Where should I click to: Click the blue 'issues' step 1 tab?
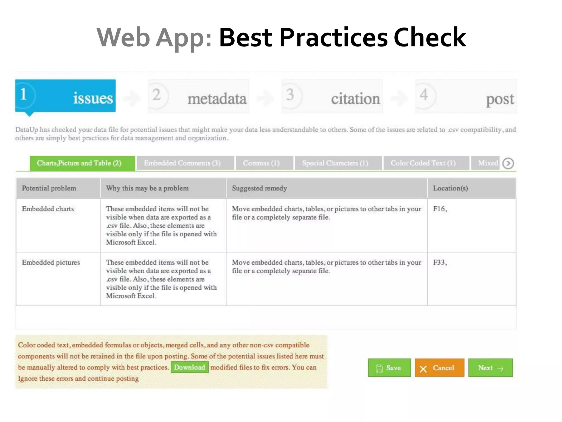pos(65,96)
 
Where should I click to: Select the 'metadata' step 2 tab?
pos(198,96)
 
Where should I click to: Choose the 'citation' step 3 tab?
pos(332,96)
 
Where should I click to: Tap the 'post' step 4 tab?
pos(466,96)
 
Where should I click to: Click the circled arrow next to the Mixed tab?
pos(508,163)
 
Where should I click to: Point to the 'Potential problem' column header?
pos(49,188)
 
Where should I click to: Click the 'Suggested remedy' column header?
pos(259,188)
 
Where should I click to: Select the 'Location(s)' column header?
pos(450,188)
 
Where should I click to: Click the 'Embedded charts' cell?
pos(48,209)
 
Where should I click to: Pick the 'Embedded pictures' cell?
pos(51,262)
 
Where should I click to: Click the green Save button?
pos(389,368)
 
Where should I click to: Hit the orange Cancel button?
pos(439,368)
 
